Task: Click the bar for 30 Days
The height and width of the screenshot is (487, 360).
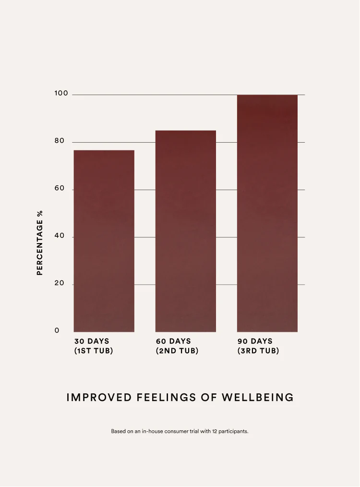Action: (x=104, y=241)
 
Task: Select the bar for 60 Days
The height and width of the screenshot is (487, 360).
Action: (x=185, y=231)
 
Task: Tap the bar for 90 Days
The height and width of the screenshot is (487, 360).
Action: (x=267, y=213)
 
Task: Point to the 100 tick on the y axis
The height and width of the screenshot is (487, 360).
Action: (x=61, y=93)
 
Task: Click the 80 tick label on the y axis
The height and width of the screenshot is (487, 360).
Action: (x=59, y=141)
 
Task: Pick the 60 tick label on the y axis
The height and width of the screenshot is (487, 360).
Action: (x=59, y=188)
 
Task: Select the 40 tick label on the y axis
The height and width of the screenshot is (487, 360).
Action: (x=59, y=236)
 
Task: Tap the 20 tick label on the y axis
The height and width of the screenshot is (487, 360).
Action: (x=59, y=283)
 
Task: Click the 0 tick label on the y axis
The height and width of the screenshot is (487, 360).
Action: (x=57, y=330)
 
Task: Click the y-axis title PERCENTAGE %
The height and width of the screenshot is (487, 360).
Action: (x=40, y=243)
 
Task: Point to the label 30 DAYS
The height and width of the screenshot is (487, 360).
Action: (x=92, y=341)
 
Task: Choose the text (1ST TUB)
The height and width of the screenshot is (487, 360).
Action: (x=94, y=351)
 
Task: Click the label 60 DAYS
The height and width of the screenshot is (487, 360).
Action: (x=173, y=341)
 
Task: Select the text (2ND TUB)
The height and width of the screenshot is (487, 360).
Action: (x=177, y=351)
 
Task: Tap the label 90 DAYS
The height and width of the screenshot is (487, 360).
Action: (x=255, y=341)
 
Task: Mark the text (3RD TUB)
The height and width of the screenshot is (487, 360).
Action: (x=258, y=351)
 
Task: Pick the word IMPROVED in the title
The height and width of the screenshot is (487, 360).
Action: (x=99, y=398)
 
